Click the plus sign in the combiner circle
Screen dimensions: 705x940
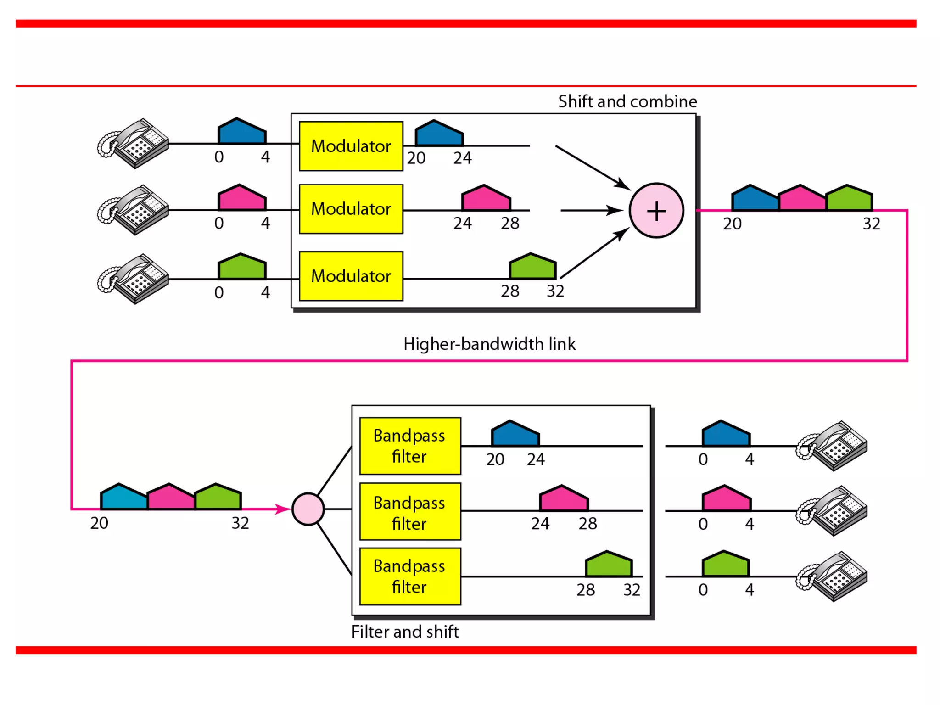pos(656,211)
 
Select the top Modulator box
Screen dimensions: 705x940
pos(351,146)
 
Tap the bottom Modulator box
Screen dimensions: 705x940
pos(351,276)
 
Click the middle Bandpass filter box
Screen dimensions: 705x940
pos(410,512)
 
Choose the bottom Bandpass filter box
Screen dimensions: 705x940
pos(410,576)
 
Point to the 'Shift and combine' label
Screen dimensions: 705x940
pos(627,101)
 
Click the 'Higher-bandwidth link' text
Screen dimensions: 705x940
pos(489,344)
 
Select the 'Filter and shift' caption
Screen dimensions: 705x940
pos(405,632)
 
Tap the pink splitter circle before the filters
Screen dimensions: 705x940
pos(308,509)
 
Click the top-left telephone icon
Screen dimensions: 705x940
pos(134,143)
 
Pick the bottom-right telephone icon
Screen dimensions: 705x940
pos(832,576)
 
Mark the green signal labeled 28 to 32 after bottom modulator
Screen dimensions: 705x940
pos(532,267)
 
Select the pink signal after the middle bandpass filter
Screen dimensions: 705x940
pos(564,499)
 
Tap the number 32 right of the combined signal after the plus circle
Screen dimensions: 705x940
pos(871,224)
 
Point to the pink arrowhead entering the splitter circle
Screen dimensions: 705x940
pos(283,509)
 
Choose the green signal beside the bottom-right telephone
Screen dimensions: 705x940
pos(726,565)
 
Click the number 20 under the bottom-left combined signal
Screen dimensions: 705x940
pos(99,523)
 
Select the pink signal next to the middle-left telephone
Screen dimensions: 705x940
pos(241,199)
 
